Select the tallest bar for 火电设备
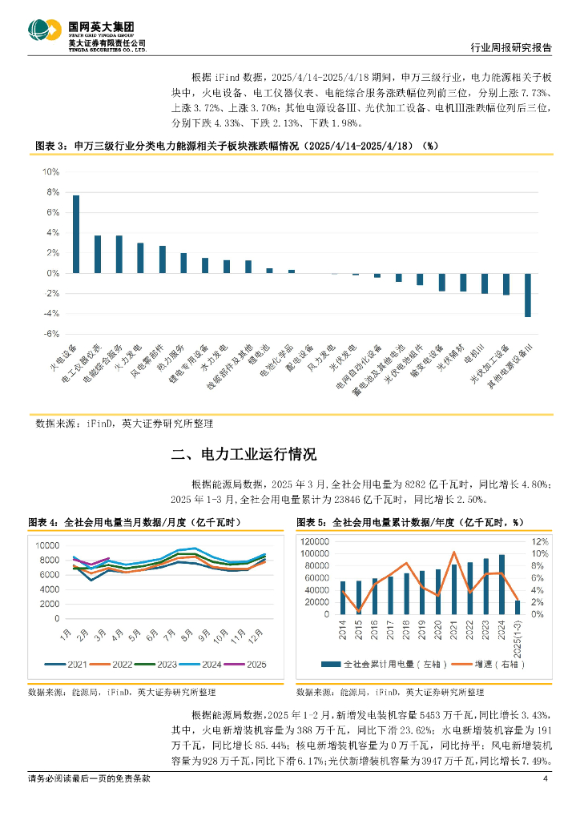pos(76,234)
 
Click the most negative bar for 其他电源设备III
pos(528,295)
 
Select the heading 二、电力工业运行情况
pos(244,455)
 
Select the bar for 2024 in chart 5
pos(501,578)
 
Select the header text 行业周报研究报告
pos(510,48)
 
